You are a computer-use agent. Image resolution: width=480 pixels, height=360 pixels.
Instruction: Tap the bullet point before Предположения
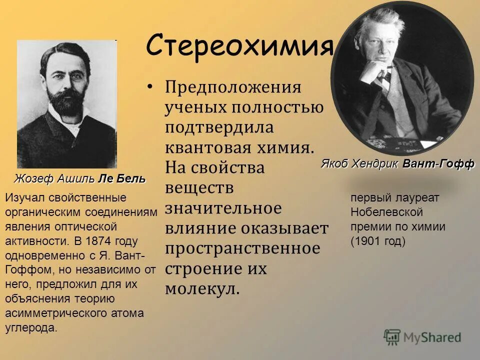tap(150, 87)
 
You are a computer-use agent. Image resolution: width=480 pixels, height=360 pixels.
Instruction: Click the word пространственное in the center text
tap(242, 248)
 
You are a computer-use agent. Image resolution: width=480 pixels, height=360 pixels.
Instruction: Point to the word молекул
tap(202, 288)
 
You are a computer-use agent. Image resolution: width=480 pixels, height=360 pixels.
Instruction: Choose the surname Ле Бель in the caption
tap(122, 179)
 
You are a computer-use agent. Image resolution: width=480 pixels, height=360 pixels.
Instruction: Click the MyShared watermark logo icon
tap(392, 337)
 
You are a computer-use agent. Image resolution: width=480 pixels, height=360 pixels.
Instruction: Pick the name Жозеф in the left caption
tap(30, 179)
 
